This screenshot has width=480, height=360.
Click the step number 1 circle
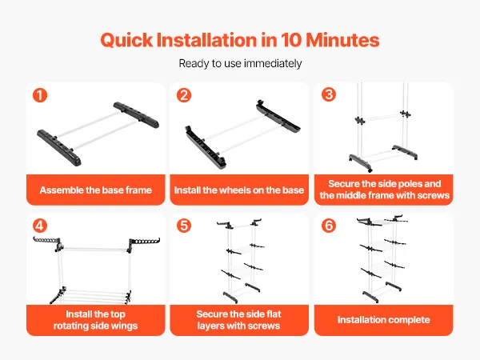click(40, 95)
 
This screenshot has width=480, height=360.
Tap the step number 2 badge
click(184, 95)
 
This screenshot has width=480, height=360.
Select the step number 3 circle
click(329, 94)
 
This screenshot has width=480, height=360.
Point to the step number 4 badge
click(40, 226)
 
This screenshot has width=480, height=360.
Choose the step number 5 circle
click(184, 226)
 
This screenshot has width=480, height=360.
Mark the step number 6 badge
click(329, 226)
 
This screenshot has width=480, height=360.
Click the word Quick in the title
click(126, 41)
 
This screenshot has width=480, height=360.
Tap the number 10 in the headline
click(291, 40)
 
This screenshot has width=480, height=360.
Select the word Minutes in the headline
click(342, 40)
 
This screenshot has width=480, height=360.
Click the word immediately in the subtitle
click(273, 64)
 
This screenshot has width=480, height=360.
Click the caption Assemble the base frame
click(95, 190)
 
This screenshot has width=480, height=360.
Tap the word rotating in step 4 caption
click(70, 326)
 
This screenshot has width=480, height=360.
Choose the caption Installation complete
click(383, 320)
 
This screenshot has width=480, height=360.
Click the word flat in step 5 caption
click(274, 314)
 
